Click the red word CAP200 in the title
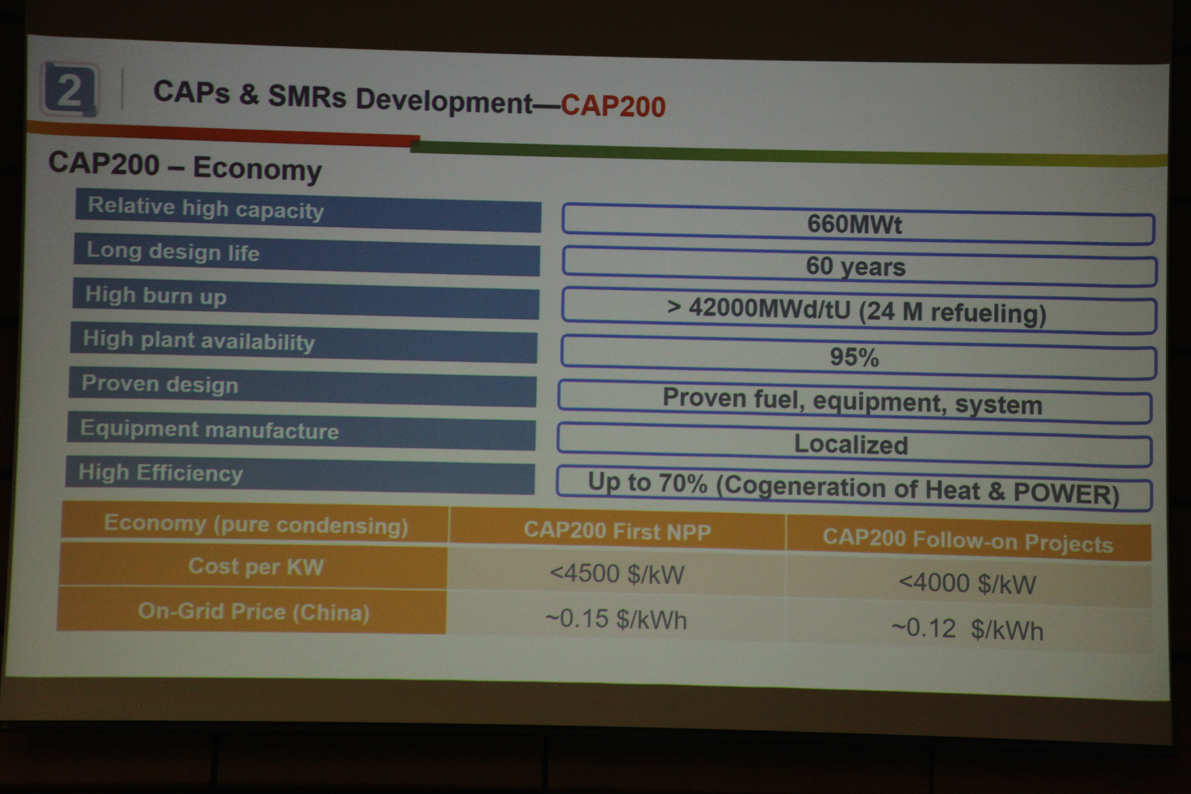pos(613,106)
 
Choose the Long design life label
pos(173,251)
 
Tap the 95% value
pos(854,357)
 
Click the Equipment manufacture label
pos(209,429)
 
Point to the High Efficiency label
pos(161,473)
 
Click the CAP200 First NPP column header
pos(617,531)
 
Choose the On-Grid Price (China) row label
pos(254,612)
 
